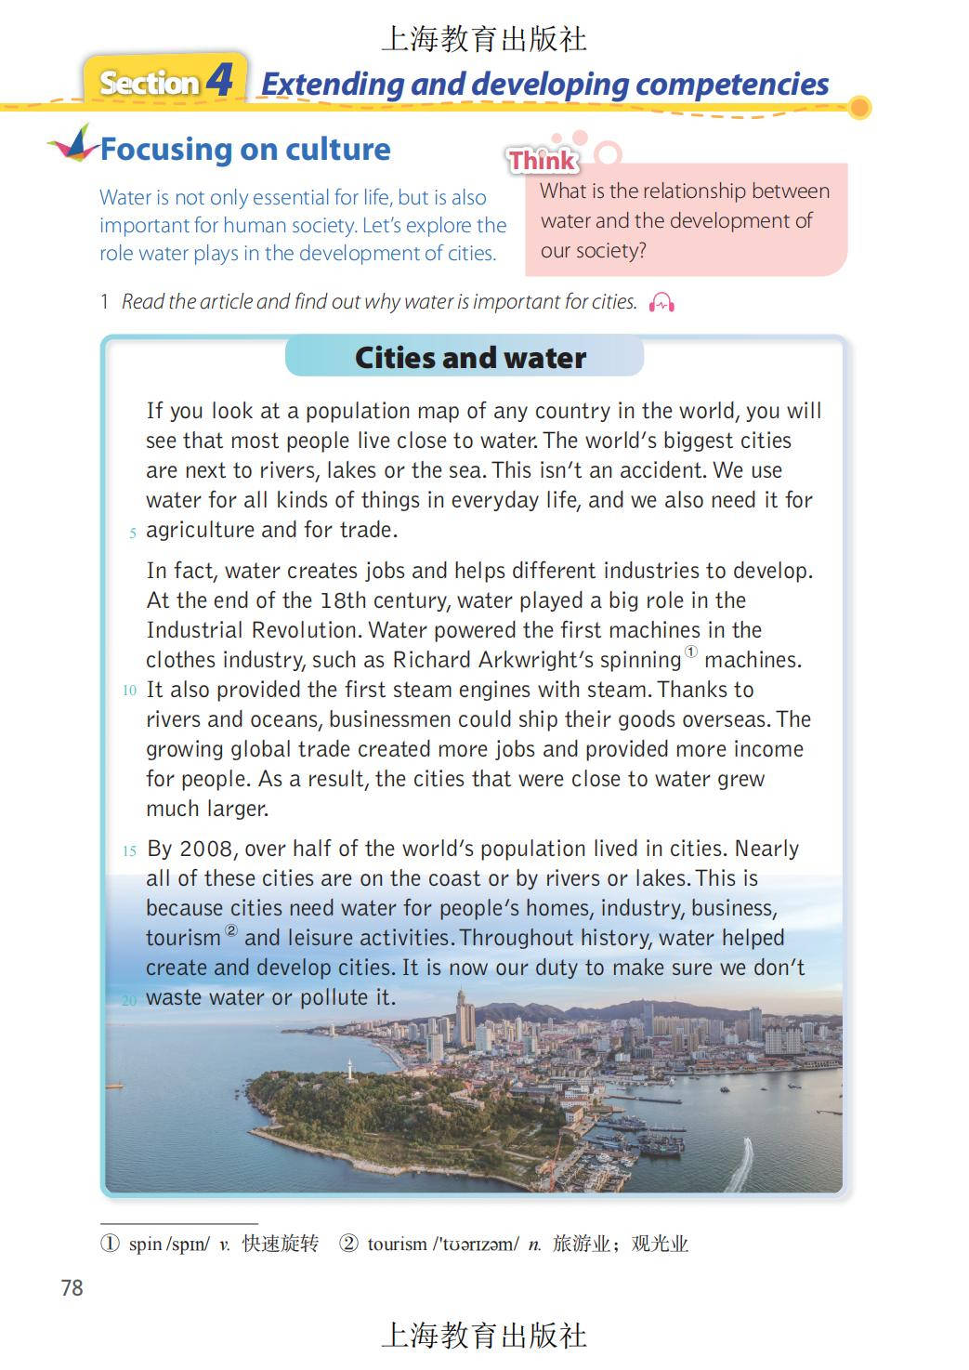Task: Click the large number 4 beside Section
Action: pos(220,81)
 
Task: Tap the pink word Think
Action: pos(543,161)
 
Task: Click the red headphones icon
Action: pos(661,302)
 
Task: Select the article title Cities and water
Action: pos(470,358)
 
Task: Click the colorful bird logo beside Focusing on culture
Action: pos(74,144)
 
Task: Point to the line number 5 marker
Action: pos(133,534)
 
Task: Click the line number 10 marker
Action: pos(129,691)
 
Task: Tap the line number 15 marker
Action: pos(129,850)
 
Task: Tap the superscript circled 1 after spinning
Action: pos(691,652)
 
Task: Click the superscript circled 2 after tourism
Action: pos(231,930)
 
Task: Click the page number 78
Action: pos(72,1287)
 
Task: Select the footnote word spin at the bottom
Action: pos(145,1244)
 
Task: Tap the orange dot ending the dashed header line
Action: pos(860,108)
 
